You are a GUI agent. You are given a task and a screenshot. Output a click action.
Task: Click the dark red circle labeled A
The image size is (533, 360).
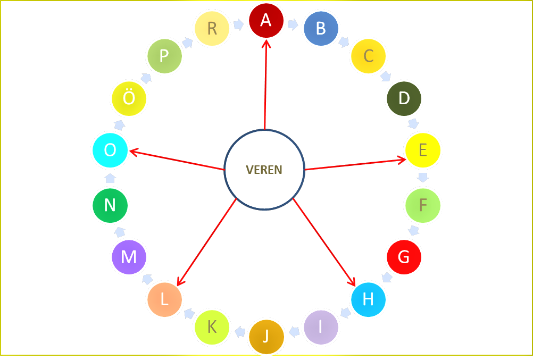click(x=266, y=20)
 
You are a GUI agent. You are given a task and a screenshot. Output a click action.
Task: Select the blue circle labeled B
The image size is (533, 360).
click(x=320, y=28)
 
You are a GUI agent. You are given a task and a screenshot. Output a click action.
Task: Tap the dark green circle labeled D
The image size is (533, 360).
click(x=404, y=98)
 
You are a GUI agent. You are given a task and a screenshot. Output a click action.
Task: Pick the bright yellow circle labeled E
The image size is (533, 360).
click(x=423, y=150)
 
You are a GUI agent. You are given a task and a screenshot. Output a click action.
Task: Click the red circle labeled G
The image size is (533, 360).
click(x=404, y=257)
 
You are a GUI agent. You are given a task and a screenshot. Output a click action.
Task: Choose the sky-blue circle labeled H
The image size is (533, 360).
click(x=368, y=299)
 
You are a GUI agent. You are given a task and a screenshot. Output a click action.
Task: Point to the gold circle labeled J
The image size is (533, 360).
click(x=266, y=336)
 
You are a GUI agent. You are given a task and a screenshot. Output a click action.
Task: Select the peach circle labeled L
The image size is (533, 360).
click(x=164, y=299)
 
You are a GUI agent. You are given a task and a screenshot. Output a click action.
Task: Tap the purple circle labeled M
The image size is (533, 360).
click(x=129, y=257)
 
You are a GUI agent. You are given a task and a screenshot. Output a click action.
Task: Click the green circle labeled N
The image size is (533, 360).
click(x=110, y=205)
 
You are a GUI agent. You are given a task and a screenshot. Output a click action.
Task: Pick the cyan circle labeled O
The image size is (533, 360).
click(x=110, y=150)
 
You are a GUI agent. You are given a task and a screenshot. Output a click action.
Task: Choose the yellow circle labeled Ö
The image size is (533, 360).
click(x=129, y=98)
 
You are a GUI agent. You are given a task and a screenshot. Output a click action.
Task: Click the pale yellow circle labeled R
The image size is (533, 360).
click(x=212, y=28)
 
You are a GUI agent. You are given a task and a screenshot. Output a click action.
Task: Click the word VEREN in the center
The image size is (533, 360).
click(x=264, y=170)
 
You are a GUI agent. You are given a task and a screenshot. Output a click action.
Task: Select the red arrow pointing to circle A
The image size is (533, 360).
click(x=265, y=85)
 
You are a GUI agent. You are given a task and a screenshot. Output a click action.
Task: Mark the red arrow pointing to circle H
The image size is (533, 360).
click(x=324, y=242)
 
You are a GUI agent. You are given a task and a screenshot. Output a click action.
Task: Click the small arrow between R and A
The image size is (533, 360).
click(x=238, y=24)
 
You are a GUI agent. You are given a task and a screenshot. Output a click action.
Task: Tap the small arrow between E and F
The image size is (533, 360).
click(x=423, y=177)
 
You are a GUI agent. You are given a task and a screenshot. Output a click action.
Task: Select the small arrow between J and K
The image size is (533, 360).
click(x=240, y=332)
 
